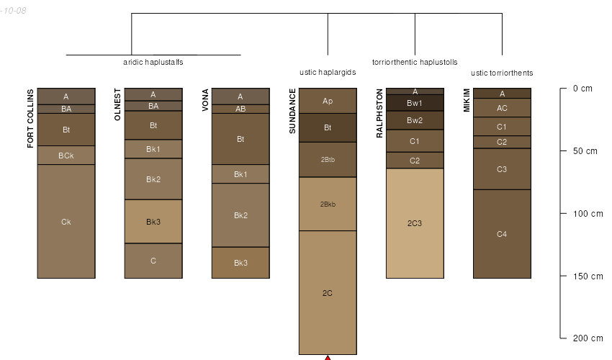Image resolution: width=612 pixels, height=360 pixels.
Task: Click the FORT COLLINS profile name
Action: (30, 118)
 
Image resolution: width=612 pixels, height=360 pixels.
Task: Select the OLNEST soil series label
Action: (117, 104)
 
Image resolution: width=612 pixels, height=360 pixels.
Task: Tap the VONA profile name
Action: (205, 100)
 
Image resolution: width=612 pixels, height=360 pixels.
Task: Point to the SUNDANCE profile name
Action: (292, 112)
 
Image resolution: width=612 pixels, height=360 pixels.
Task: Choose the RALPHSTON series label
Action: (379, 113)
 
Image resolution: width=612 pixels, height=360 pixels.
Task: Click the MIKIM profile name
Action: (467, 100)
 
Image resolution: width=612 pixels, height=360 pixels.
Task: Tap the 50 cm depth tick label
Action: (585, 151)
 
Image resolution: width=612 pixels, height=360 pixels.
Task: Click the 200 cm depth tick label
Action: (588, 338)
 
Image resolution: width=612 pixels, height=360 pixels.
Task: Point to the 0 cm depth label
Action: (582, 89)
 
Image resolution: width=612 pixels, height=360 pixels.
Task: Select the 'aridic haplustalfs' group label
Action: (153, 62)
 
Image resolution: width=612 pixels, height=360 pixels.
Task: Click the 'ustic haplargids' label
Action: (328, 72)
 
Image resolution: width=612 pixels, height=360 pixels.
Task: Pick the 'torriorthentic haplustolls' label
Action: (415, 62)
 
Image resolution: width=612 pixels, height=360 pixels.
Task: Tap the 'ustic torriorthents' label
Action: (502, 73)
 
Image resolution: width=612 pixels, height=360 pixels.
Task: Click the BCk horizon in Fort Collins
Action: (66, 156)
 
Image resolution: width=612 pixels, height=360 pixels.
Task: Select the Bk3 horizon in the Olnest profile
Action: (153, 222)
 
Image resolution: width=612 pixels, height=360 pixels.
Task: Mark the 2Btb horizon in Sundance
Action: (328, 160)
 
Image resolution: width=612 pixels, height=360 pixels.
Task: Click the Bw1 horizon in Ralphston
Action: (415, 103)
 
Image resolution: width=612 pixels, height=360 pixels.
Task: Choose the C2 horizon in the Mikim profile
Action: (502, 142)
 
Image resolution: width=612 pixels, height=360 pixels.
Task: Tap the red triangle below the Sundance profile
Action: (328, 358)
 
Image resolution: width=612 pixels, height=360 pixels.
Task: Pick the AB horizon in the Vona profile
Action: (240, 109)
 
